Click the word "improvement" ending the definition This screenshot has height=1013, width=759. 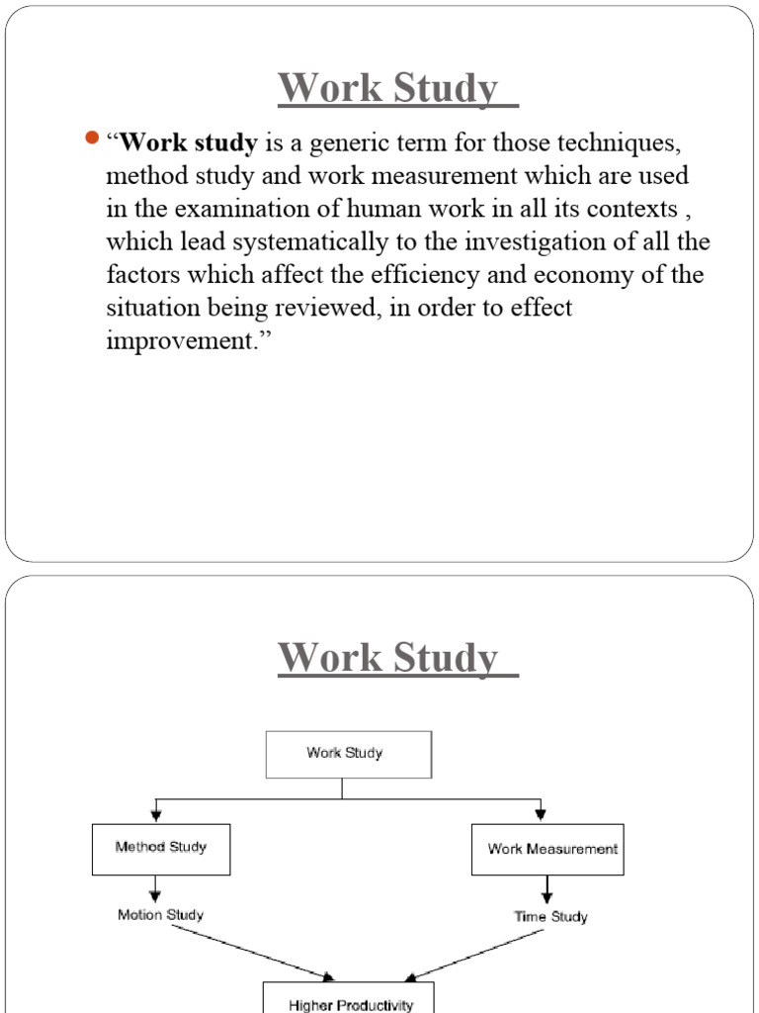click(175, 340)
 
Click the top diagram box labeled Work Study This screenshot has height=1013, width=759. click(348, 754)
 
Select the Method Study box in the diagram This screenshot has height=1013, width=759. click(161, 848)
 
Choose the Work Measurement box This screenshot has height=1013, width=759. click(548, 849)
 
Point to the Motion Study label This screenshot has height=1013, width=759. click(161, 915)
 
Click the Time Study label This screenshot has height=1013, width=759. click(550, 917)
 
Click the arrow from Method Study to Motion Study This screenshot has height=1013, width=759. click(154, 887)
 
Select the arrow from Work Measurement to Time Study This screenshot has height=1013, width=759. click(547, 889)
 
